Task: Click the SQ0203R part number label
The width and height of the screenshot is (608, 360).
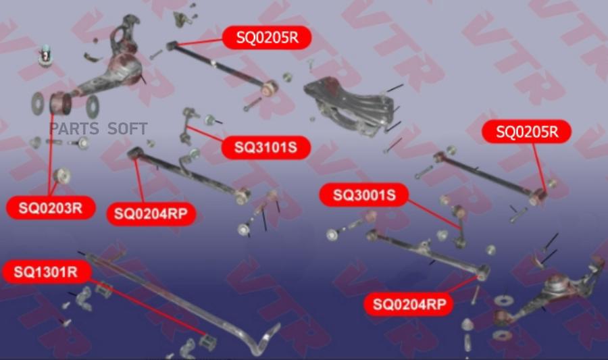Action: coord(51,208)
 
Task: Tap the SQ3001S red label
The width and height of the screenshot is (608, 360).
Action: coord(363,196)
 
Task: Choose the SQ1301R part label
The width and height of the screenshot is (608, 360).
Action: coord(47,272)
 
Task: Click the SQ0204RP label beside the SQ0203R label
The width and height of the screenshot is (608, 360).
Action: coord(151,214)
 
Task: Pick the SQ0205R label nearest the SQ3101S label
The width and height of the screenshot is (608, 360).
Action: coord(267,38)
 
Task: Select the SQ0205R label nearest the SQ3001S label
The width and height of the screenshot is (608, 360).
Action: coord(527,132)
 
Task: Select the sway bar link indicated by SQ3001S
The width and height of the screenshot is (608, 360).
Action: coord(459,223)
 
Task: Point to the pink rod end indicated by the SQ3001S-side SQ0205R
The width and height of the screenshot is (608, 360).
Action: coord(538,195)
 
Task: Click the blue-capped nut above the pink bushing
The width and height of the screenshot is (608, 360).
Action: coord(46,53)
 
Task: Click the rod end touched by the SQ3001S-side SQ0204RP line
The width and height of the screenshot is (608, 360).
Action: coord(482,272)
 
